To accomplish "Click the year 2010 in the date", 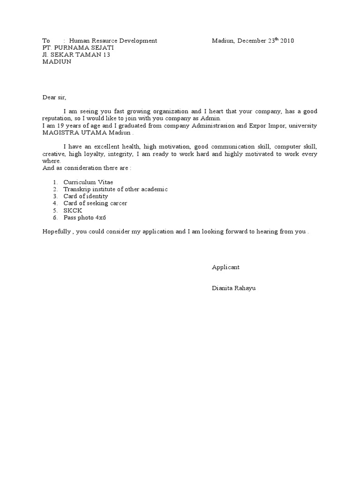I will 287,41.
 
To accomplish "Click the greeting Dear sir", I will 54,97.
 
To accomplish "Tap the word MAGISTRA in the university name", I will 57,133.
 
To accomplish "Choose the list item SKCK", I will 73,210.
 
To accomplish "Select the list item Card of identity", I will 86,196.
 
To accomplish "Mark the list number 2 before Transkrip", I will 55,189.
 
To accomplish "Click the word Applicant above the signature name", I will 225,267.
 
